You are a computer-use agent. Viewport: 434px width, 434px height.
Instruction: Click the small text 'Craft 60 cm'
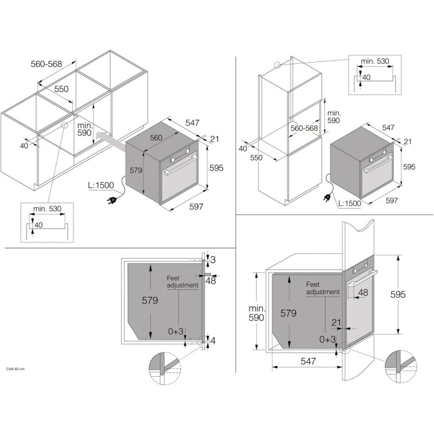click(x=15, y=368)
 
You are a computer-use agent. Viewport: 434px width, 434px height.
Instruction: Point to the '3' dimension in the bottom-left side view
click(x=213, y=259)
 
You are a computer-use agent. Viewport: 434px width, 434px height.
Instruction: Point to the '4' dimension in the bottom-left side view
click(x=213, y=341)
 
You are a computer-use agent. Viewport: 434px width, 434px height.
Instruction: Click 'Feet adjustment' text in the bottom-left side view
click(x=183, y=281)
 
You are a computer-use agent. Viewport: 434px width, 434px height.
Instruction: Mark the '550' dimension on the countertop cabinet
click(x=62, y=89)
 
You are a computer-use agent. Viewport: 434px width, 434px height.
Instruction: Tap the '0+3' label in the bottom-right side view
click(x=327, y=339)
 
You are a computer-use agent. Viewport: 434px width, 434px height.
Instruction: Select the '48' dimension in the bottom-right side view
click(x=363, y=292)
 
